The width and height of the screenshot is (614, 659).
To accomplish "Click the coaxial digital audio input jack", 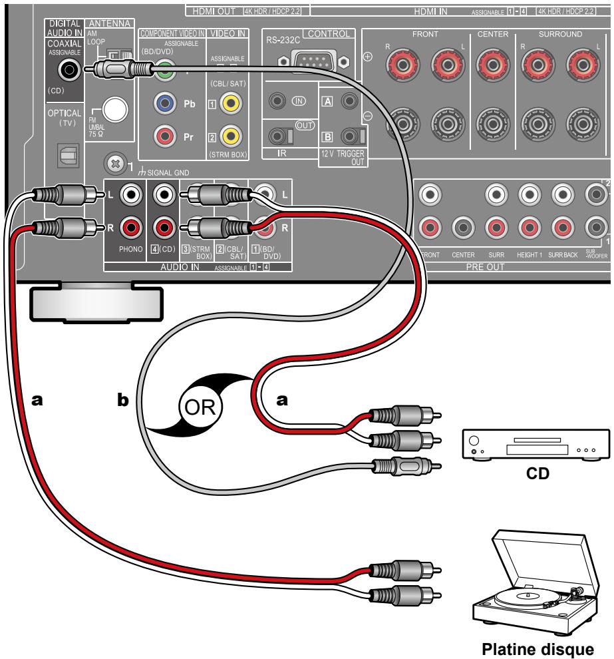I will tap(67, 68).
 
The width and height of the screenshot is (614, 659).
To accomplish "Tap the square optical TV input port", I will tap(67, 154).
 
